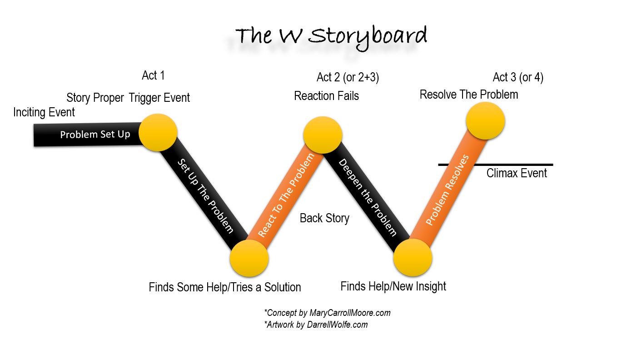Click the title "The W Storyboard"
(x=331, y=36)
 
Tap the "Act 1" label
(x=153, y=75)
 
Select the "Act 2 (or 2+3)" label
(x=348, y=77)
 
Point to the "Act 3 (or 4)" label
(x=518, y=77)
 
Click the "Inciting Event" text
(x=44, y=112)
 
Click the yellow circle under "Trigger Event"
(x=158, y=132)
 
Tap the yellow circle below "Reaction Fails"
(x=323, y=135)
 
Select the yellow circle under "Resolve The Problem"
(x=485, y=121)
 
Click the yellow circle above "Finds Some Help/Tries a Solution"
(x=249, y=258)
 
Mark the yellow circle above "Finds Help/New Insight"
(x=413, y=258)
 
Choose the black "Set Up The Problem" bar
(x=204, y=195)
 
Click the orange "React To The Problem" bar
(x=285, y=195)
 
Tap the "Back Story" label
(x=324, y=218)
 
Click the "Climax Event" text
(x=517, y=173)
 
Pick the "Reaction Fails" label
(x=326, y=96)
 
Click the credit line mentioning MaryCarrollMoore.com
(x=327, y=313)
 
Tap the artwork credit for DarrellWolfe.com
(x=316, y=325)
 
